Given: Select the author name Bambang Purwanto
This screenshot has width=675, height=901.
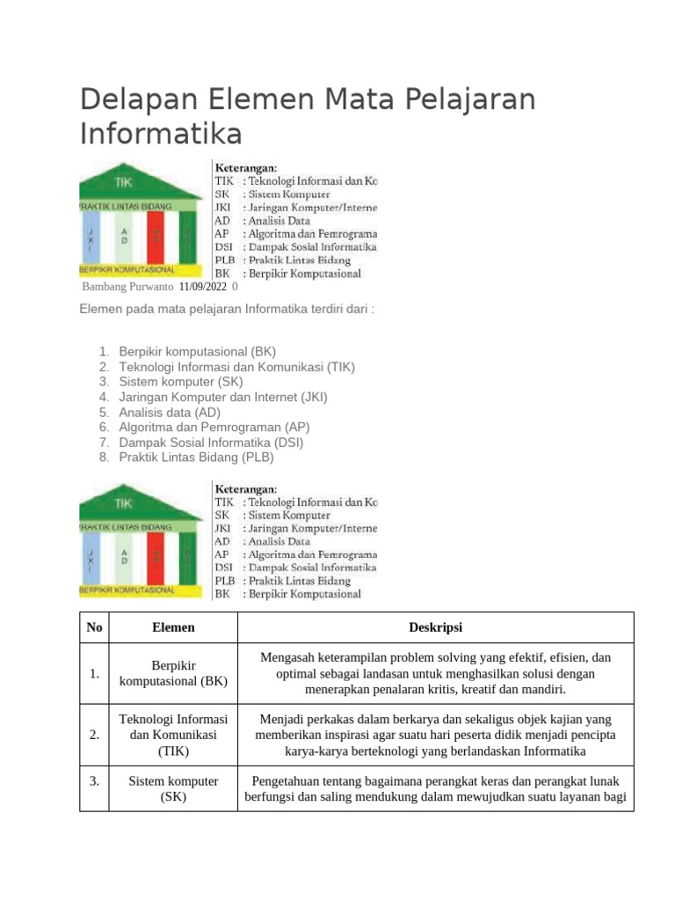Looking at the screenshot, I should click(127, 287).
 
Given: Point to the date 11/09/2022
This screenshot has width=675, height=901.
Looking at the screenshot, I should click(202, 287).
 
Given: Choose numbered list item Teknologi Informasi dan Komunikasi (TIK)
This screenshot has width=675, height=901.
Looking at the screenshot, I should click(237, 367).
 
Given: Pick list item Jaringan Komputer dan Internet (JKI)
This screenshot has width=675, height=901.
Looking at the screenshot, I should click(223, 397).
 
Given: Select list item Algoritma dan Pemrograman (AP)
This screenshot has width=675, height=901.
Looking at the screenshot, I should click(214, 427).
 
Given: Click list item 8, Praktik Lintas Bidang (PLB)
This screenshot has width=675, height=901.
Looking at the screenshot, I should click(197, 457).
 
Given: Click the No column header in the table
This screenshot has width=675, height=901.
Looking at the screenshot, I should click(94, 627).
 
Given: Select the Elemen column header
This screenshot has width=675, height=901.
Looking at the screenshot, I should click(173, 627).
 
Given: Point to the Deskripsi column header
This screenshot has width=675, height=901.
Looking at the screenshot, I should click(435, 627).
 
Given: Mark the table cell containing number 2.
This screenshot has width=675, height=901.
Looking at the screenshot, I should click(93, 735).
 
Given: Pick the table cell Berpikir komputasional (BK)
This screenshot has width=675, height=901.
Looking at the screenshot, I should click(173, 673).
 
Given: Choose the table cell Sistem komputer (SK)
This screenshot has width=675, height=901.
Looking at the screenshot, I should click(173, 788).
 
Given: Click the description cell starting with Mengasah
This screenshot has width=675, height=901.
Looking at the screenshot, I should click(435, 673).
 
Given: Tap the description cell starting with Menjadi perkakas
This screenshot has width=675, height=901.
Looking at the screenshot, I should click(435, 735).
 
